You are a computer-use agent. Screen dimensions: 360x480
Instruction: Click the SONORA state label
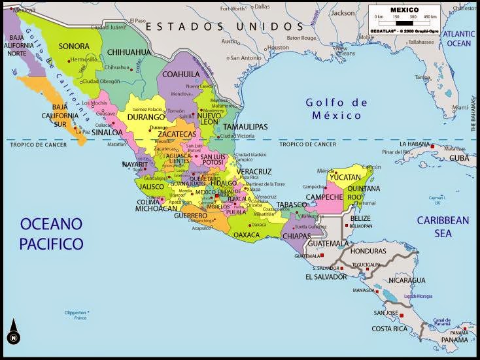[74, 46]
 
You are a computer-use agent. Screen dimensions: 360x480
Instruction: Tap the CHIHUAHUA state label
[128, 52]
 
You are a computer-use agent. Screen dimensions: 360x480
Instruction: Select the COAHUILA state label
[181, 74]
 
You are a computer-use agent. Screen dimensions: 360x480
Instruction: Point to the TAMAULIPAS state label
[245, 126]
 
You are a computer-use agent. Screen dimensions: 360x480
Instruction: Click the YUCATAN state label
[345, 177]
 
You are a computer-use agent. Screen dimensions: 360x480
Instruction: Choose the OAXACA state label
[247, 235]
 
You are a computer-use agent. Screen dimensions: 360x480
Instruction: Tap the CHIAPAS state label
[298, 236]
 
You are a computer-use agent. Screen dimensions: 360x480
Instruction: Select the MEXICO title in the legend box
[404, 10]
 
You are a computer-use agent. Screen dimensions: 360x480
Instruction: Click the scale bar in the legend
[403, 22]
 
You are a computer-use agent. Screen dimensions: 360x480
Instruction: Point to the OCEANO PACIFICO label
[52, 234]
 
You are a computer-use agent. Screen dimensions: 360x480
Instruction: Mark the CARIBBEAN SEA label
[443, 226]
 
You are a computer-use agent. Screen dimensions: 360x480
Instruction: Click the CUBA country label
[458, 158]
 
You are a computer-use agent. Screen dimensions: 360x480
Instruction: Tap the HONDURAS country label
[368, 251]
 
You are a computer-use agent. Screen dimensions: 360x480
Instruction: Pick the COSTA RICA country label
[390, 328]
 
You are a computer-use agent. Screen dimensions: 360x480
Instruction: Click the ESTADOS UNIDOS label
[225, 26]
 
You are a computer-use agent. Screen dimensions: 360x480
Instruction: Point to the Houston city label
[278, 47]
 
